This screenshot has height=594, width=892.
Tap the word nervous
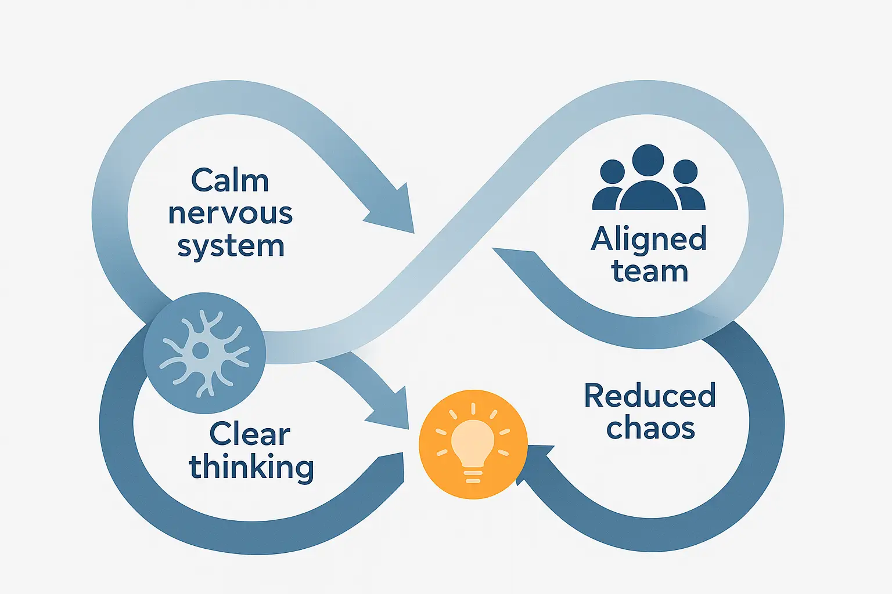pos(231,213)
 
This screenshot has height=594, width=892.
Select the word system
pos(231,247)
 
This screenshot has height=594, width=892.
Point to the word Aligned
pos(649,239)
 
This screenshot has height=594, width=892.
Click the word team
pos(650,271)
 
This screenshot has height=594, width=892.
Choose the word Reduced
pos(650,396)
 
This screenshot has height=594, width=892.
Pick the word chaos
pos(650,429)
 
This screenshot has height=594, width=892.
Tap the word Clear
pos(250,434)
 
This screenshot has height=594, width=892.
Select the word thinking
pos(251,468)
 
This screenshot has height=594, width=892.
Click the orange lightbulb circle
pos(473,444)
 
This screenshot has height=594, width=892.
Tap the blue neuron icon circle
pos(204,352)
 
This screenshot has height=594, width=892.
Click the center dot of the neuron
pos(200,350)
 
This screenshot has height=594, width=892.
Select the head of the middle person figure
pos(648,160)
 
